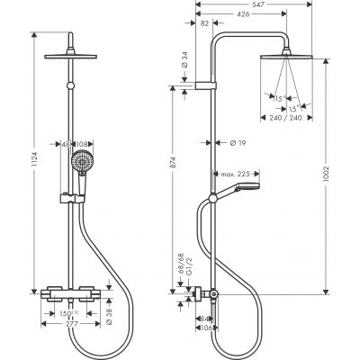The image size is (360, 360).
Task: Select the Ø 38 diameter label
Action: tap(108, 316)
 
